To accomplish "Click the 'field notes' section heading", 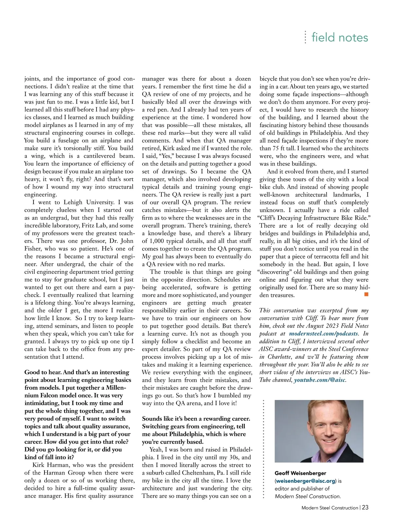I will pyautogui.click(x=340, y=37).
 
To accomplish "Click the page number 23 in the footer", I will pyautogui.click(x=365, y=507).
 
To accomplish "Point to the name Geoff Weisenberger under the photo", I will pyautogui.click(x=300, y=473).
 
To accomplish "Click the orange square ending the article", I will pyautogui.click(x=366, y=294).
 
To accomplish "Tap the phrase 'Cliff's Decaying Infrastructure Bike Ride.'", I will pyautogui.click(x=314, y=218).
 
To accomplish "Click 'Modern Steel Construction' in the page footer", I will pyautogui.click(x=329, y=508).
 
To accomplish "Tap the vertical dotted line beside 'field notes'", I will pyautogui.click(x=305, y=37).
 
